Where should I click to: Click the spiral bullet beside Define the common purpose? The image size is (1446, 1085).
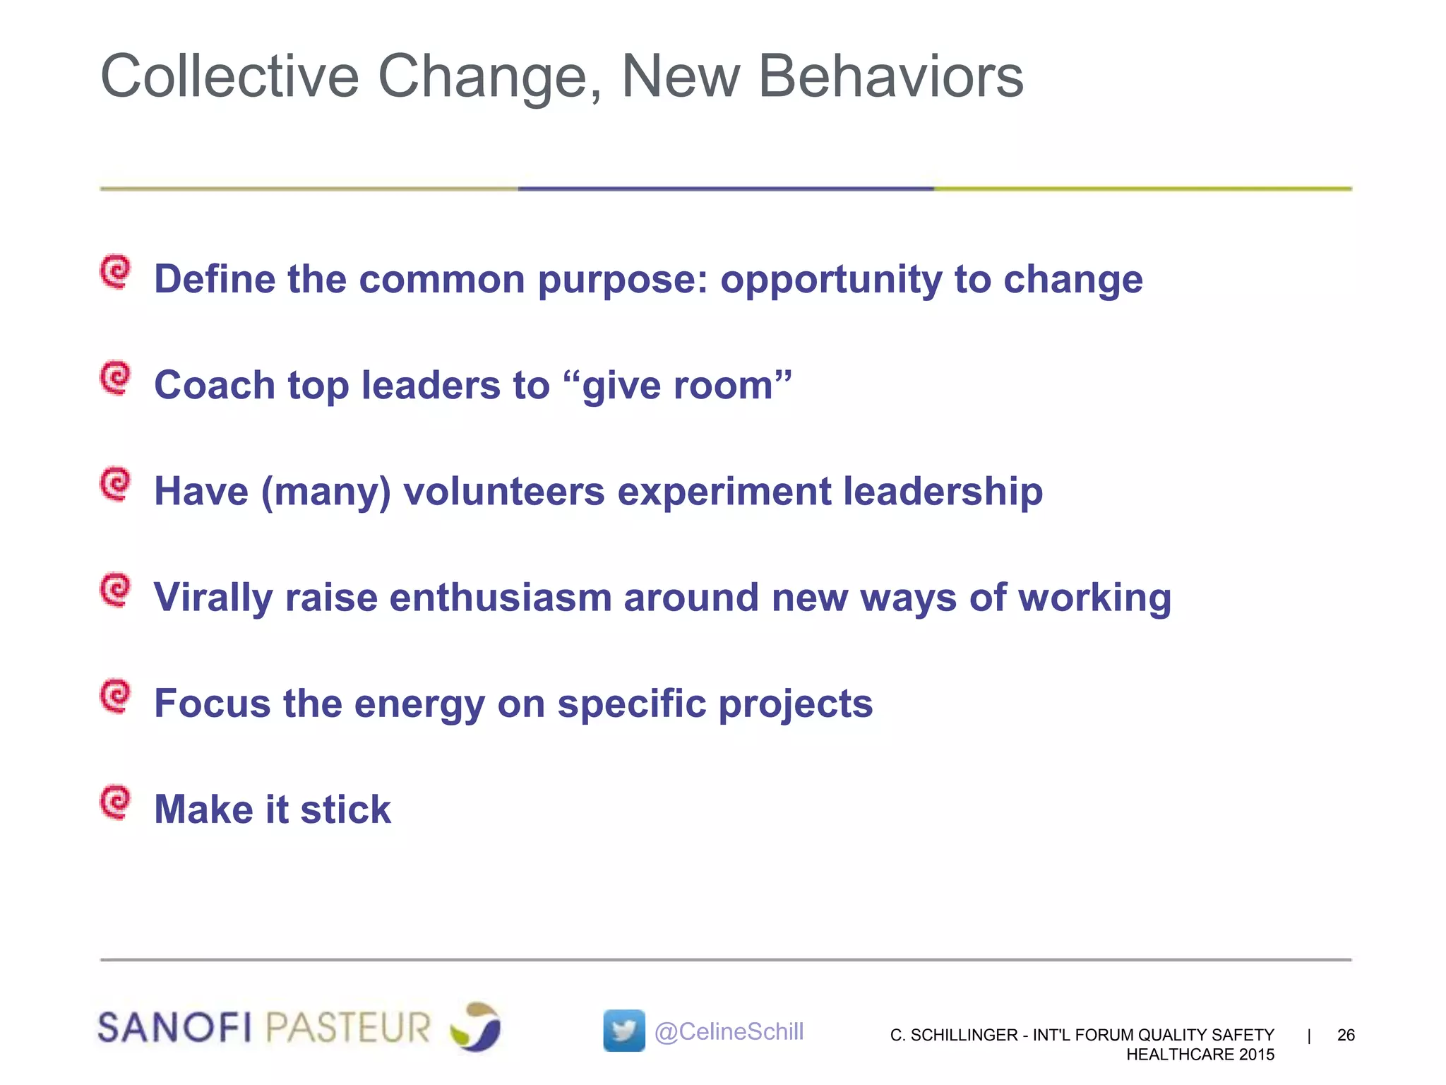pyautogui.click(x=115, y=272)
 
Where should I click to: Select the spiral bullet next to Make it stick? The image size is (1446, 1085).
pyautogui.click(x=115, y=802)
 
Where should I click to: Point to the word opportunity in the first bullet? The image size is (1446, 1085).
pyautogui.click(x=830, y=280)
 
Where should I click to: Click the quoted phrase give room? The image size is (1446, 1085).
pyautogui.click(x=678, y=386)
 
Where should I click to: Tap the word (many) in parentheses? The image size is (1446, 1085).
pyautogui.click(x=325, y=492)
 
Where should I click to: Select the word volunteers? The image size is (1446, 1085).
pyautogui.click(x=504, y=492)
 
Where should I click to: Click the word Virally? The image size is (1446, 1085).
pyautogui.click(x=213, y=598)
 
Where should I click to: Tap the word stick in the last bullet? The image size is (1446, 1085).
pyautogui.click(x=345, y=810)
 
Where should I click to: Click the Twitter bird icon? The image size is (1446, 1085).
pyautogui.click(x=624, y=1031)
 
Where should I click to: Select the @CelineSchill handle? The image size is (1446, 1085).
pyautogui.click(x=729, y=1031)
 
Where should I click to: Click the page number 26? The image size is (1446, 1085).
pyautogui.click(x=1346, y=1035)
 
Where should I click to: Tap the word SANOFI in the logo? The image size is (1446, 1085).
pyautogui.click(x=174, y=1027)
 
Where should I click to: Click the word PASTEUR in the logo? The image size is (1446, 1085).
pyautogui.click(x=348, y=1027)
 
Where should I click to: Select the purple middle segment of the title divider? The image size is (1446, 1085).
pyautogui.click(x=726, y=189)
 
